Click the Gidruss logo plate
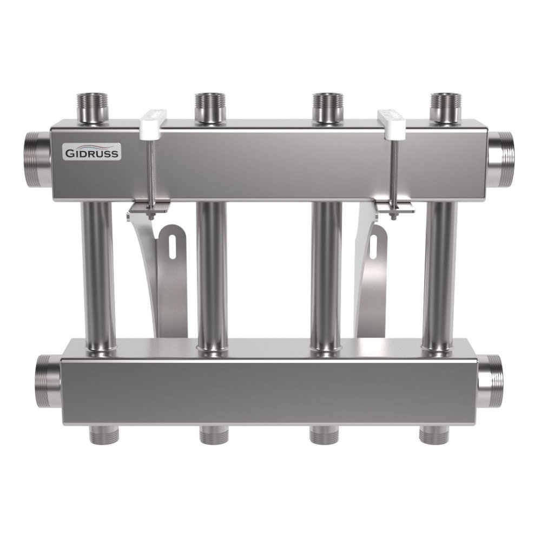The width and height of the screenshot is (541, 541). coord(92,153)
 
